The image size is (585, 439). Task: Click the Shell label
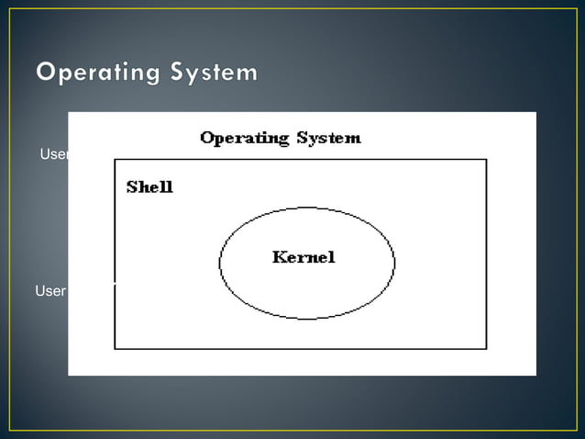[149, 186]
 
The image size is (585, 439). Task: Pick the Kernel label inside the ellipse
[304, 257]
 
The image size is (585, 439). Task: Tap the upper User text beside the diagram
[54, 154]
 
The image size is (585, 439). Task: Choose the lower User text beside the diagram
[50, 291]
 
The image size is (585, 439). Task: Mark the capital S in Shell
[132, 186]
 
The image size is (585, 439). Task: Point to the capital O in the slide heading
[47, 71]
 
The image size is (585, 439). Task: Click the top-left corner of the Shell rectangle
[115, 160]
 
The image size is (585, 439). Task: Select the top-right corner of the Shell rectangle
[486, 160]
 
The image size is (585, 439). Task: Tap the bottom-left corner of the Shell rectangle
[115, 348]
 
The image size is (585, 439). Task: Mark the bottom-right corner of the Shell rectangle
[486, 348]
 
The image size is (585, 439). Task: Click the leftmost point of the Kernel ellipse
[220, 263]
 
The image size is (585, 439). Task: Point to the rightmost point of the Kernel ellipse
[394, 263]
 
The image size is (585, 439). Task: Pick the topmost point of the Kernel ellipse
[307, 207]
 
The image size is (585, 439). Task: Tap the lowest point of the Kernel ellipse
[307, 319]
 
